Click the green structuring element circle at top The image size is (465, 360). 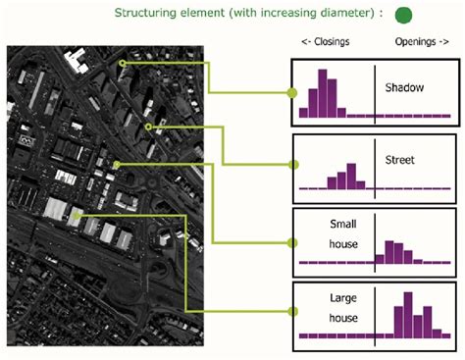(402, 15)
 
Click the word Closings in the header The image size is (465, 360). (326, 43)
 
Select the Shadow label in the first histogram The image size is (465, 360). (404, 88)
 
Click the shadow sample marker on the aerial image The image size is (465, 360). (123, 63)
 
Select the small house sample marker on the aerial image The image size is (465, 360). (116, 164)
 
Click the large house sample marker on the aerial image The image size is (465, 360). (76, 213)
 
